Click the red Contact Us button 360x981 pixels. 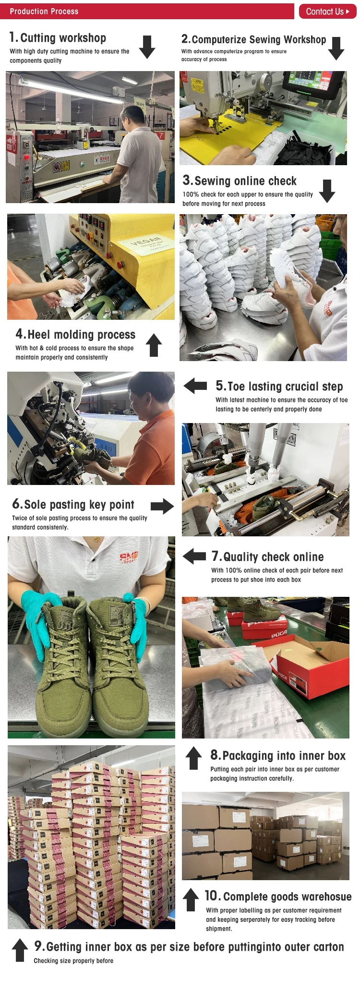tap(327, 12)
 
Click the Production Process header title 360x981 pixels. tap(44, 11)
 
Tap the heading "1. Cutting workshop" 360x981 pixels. tap(58, 37)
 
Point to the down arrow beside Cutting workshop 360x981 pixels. tap(147, 47)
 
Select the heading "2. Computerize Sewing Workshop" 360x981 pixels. tap(253, 39)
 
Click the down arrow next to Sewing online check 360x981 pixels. tap(327, 191)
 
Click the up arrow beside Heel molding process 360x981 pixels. tap(154, 345)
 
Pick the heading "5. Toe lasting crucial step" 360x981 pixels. tap(279, 386)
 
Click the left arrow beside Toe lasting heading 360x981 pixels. tap(195, 386)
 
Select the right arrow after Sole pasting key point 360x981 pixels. tap(162, 506)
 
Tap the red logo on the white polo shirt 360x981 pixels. tap(129, 557)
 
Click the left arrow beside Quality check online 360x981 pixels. tap(194, 556)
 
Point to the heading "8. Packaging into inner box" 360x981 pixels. tap(278, 755)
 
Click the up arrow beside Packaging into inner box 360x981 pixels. tap(193, 758)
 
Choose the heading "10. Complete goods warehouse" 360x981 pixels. tap(278, 896)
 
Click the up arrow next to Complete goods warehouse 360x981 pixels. tap(191, 899)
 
